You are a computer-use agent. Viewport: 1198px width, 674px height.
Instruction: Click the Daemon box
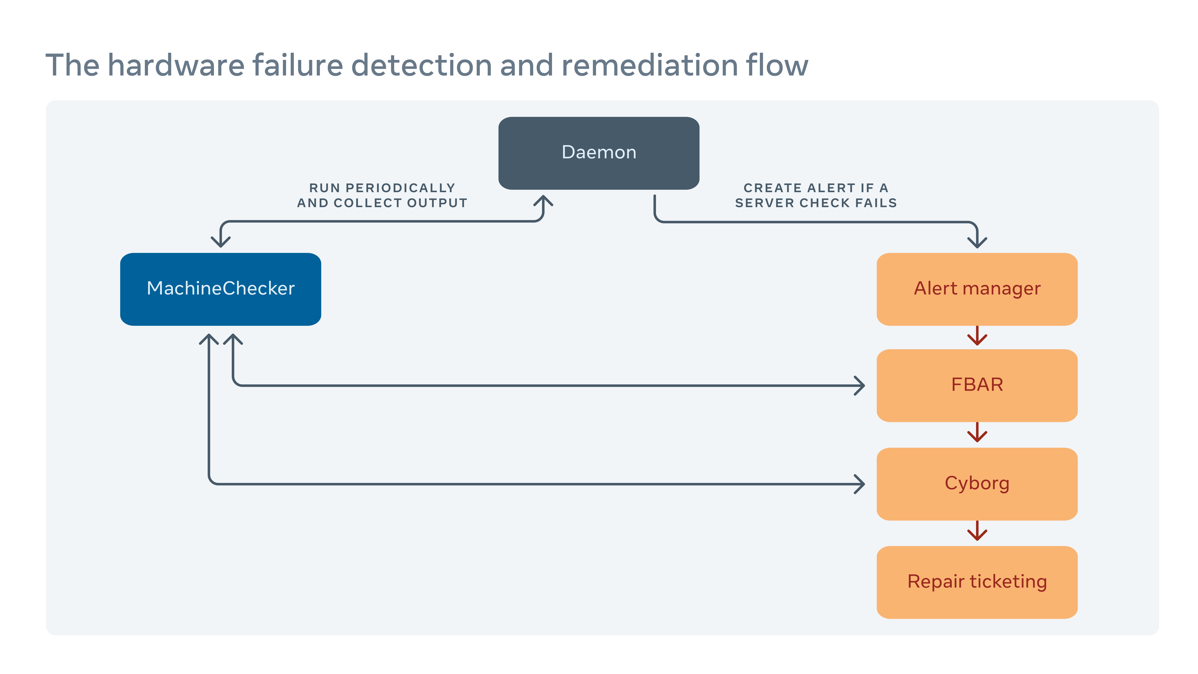coord(599,153)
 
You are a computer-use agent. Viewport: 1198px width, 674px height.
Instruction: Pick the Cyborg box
coord(977,484)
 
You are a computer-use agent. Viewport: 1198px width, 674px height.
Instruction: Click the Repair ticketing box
coord(977,582)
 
